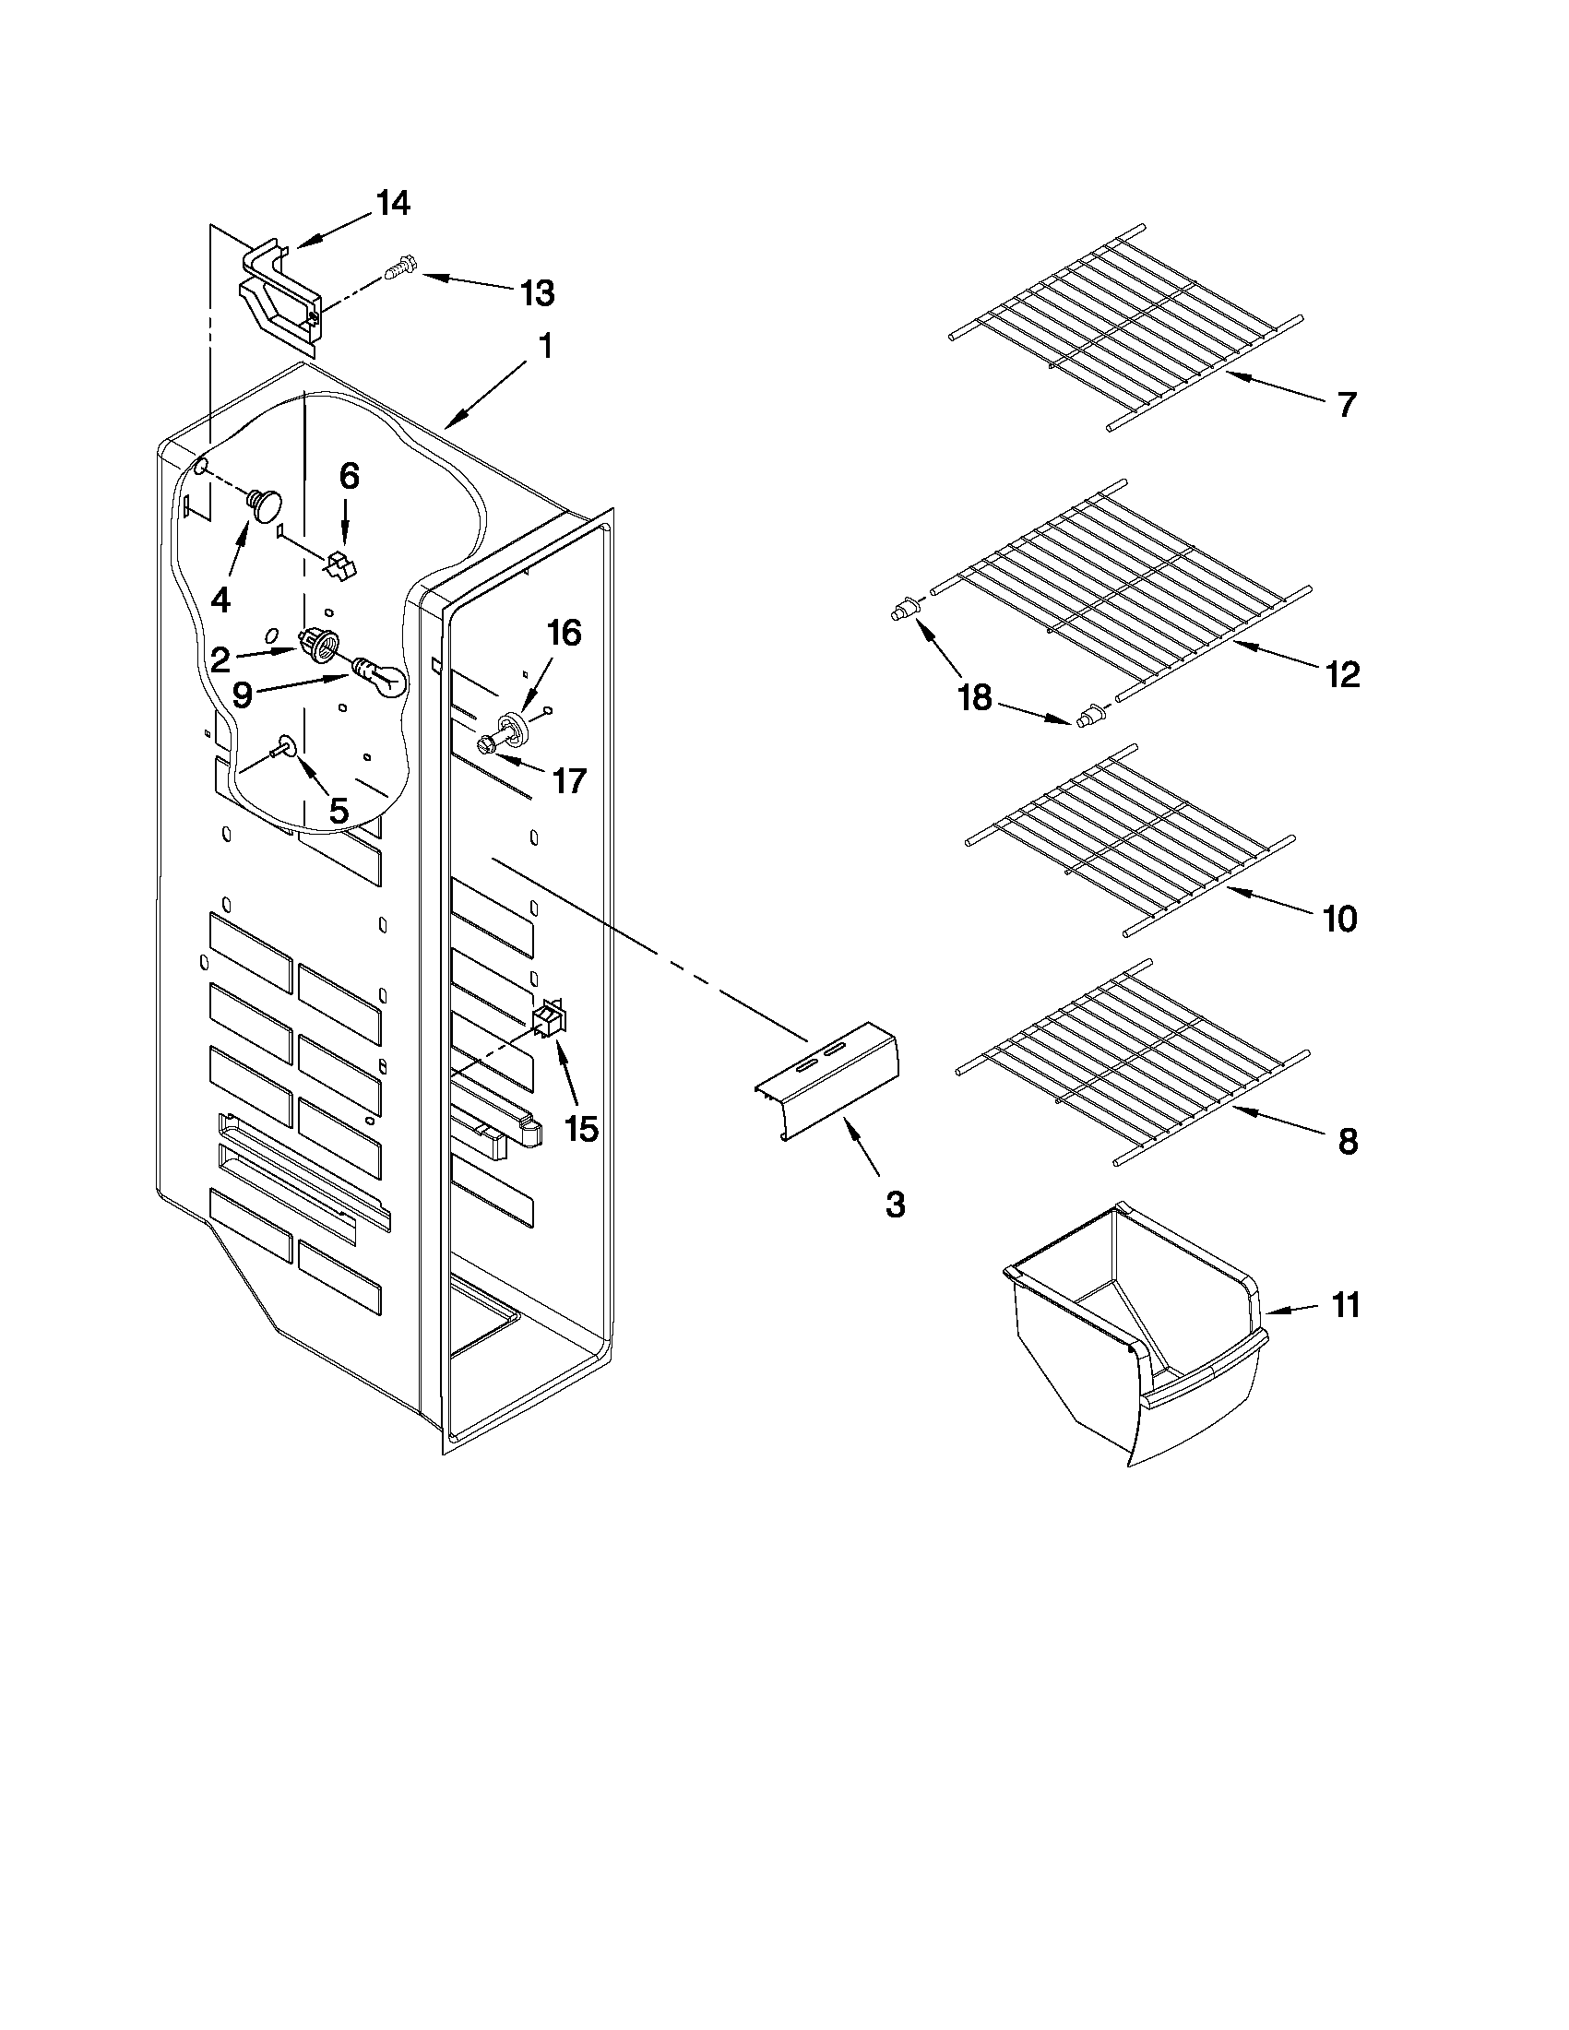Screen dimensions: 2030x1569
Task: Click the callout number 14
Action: [x=393, y=204]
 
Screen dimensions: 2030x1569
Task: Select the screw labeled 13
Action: [x=398, y=269]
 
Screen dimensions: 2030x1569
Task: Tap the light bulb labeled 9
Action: [x=381, y=676]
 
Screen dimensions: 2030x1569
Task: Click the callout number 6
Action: [x=348, y=477]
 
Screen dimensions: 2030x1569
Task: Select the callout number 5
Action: [x=339, y=811]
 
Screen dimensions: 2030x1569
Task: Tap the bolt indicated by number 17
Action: [x=489, y=743]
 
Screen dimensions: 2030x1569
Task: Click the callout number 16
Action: [x=564, y=633]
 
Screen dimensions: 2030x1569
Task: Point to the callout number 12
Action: [x=1344, y=674]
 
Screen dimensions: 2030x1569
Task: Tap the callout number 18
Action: [x=974, y=697]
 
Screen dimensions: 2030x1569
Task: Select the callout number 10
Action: [x=1339, y=919]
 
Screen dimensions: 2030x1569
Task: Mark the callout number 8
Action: [x=1347, y=1142]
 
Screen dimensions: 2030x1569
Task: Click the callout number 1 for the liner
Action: [x=545, y=347]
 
